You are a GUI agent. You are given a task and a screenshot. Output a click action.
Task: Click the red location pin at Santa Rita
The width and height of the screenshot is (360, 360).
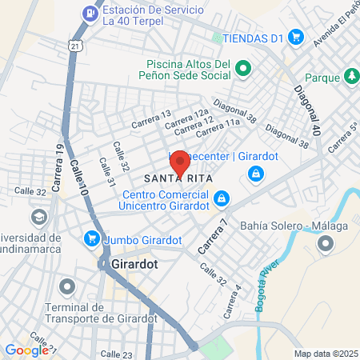[180, 163]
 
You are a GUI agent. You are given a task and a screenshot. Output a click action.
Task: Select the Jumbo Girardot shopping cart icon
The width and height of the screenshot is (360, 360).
[93, 238]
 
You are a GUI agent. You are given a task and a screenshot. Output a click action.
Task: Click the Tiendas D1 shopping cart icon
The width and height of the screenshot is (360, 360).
[295, 36]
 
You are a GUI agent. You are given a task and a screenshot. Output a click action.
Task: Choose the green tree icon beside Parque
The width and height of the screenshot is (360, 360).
[350, 76]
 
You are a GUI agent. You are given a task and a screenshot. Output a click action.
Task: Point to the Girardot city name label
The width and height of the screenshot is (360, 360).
[131, 263]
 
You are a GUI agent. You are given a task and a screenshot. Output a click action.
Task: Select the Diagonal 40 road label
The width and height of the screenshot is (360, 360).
[310, 110]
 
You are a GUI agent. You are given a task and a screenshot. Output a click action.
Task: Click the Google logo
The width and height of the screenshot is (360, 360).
[26, 350]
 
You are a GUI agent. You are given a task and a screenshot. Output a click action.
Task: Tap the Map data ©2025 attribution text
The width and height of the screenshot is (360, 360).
[326, 354]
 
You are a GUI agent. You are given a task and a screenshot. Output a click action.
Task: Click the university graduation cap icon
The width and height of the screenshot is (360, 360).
[38, 217]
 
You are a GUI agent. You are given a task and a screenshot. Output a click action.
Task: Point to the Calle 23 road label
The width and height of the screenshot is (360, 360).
[116, 354]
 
